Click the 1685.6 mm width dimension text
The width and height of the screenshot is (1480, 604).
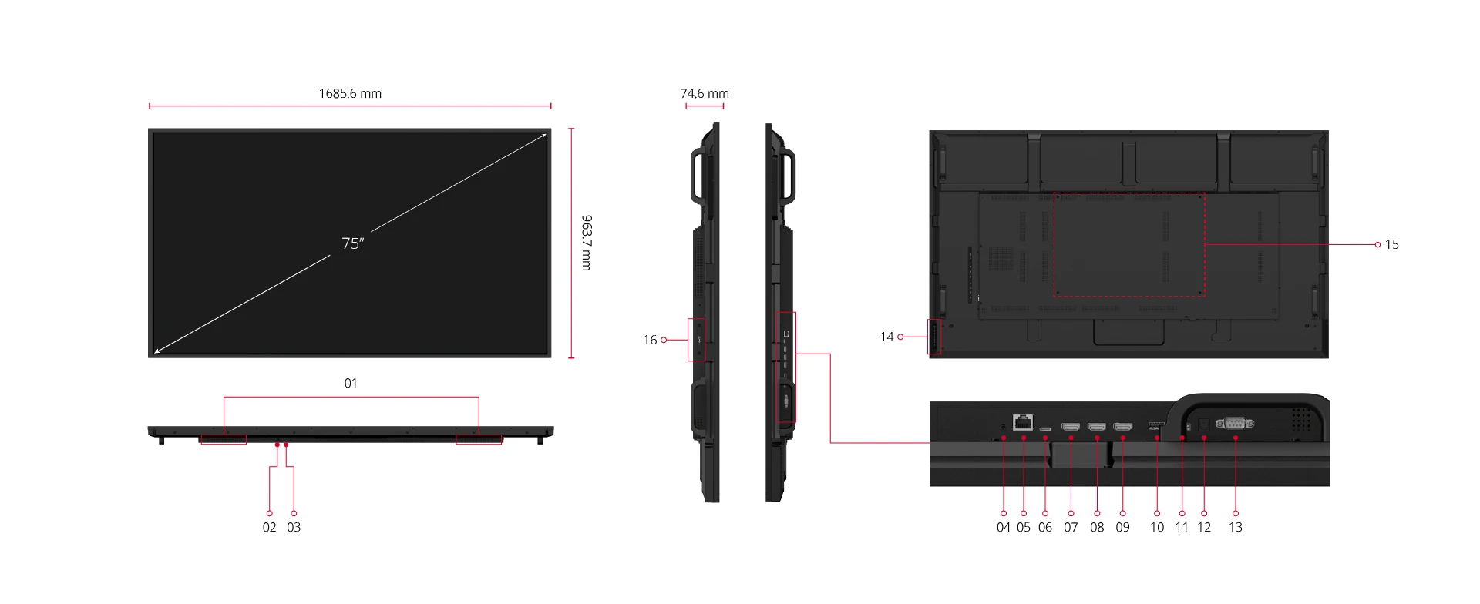[350, 93]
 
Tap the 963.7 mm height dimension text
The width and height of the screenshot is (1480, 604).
[587, 243]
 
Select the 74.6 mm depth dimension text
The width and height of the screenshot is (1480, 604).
[705, 93]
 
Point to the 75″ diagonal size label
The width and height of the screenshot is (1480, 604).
[352, 243]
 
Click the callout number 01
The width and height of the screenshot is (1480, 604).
[351, 383]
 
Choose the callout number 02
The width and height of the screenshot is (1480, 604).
[269, 527]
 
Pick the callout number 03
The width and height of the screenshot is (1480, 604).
[294, 527]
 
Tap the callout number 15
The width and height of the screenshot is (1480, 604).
[1392, 244]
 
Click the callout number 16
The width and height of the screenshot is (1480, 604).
[650, 340]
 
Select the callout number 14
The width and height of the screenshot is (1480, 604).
[886, 337]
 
